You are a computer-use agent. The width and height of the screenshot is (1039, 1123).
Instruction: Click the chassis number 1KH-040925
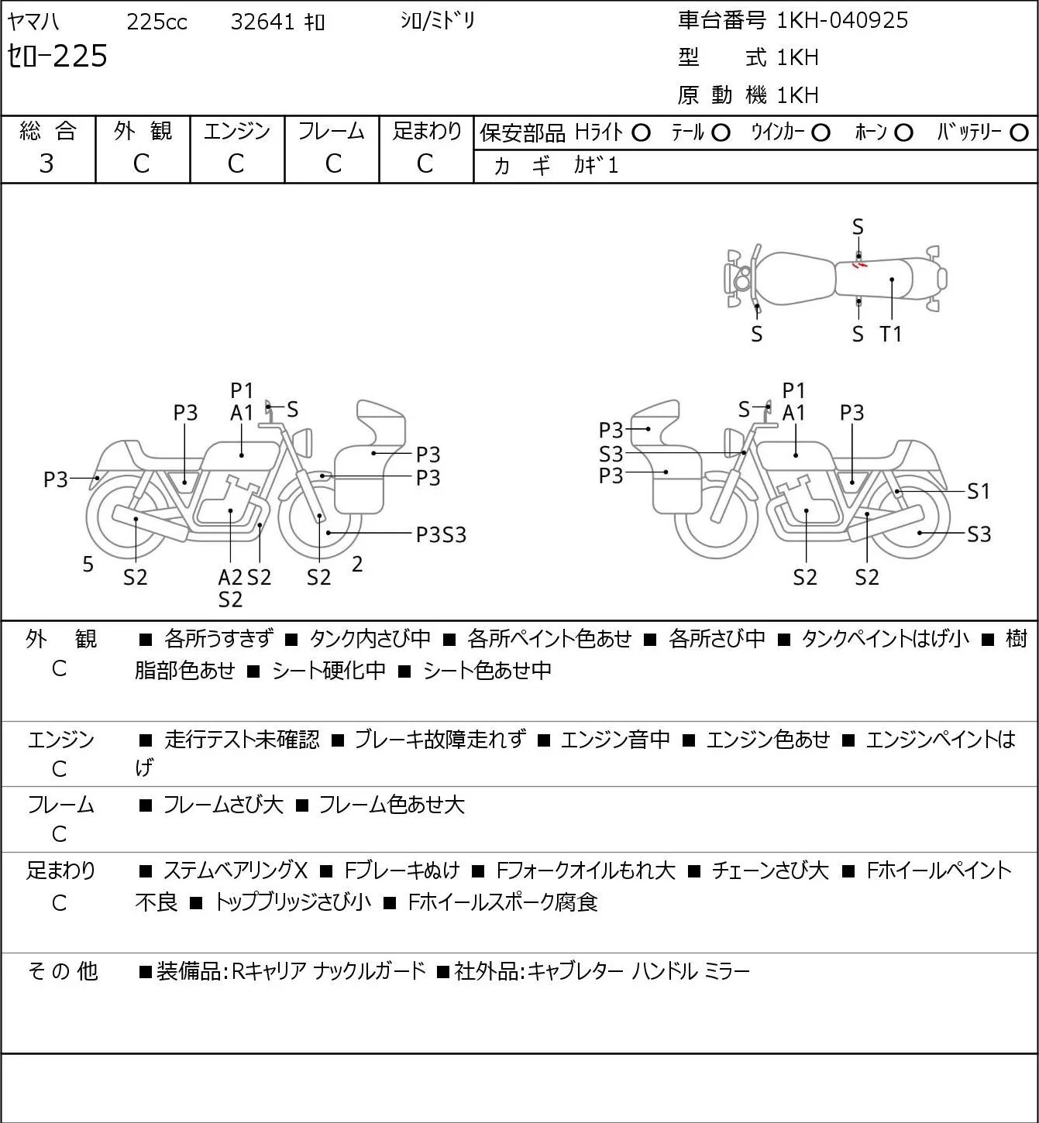click(x=842, y=20)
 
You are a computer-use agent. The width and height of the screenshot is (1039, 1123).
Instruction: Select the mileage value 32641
click(x=262, y=22)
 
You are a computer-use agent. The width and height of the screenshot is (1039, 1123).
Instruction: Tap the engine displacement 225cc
click(x=157, y=22)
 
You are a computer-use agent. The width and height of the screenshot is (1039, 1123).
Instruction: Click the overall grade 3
click(x=46, y=164)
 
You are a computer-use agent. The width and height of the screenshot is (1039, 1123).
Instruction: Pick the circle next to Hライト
click(x=641, y=133)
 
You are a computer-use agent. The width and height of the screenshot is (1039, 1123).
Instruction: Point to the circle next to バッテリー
click(x=1019, y=133)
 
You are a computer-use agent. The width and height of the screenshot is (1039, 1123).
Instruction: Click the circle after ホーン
click(x=903, y=133)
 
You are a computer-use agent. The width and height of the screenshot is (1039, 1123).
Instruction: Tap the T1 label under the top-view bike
click(x=891, y=334)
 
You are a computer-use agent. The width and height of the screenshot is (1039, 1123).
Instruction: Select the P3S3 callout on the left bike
click(x=441, y=535)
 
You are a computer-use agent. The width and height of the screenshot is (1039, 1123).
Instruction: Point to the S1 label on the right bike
click(x=979, y=491)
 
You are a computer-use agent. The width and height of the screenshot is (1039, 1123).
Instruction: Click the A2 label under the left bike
click(x=230, y=577)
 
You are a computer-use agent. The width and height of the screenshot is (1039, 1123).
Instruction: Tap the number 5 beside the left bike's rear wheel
click(x=88, y=564)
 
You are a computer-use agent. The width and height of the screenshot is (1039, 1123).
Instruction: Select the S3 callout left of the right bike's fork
click(x=611, y=454)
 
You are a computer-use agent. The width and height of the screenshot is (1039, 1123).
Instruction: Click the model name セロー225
click(x=57, y=56)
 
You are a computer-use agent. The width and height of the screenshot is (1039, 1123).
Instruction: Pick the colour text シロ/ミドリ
click(x=438, y=21)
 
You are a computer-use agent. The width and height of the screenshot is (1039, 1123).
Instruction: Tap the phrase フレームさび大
click(x=223, y=805)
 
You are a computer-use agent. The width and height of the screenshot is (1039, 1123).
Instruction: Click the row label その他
click(x=62, y=971)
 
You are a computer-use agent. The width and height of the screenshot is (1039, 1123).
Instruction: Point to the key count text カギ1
click(x=596, y=166)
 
